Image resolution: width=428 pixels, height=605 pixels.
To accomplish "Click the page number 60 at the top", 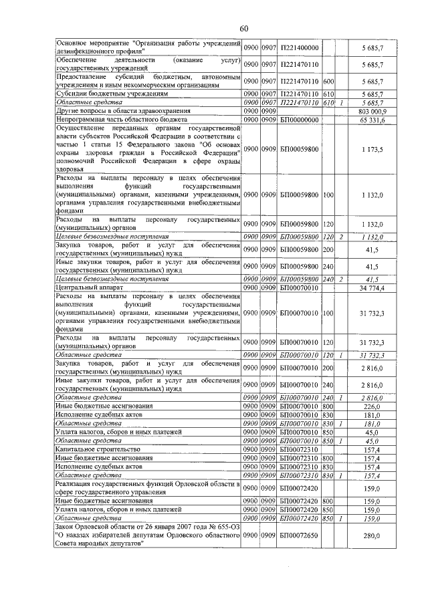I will tap(243, 27).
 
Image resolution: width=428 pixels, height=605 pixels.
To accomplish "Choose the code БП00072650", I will tap(299, 535).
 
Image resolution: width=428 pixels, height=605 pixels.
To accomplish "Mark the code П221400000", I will tap(299, 47).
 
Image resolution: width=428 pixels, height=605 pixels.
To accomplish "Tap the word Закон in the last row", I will tap(68, 527).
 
